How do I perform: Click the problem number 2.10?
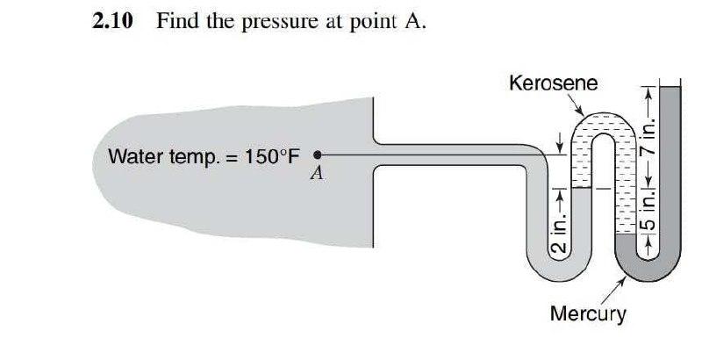tap(112, 23)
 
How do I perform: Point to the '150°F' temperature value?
tap(272, 157)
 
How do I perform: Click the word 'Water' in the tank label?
tap(133, 157)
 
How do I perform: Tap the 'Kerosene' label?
tap(553, 83)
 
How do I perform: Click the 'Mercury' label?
tap(587, 313)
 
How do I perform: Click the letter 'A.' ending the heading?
tap(415, 23)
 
